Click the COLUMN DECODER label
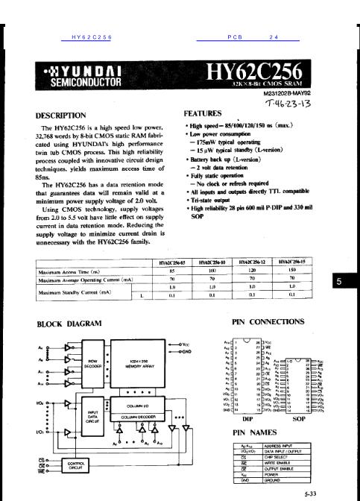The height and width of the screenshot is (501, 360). pos(139,418)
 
